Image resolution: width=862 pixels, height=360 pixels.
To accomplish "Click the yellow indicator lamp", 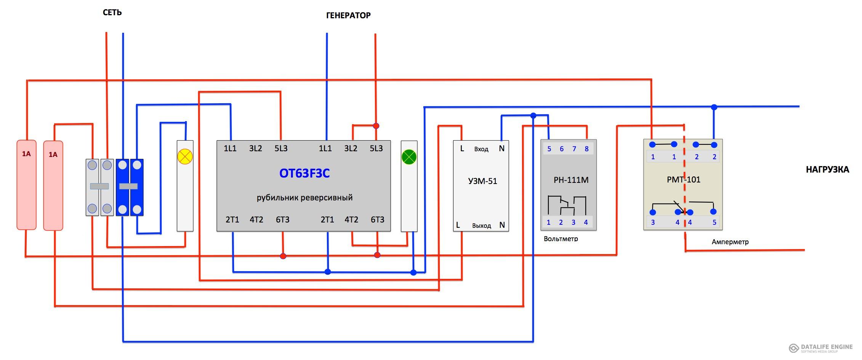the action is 185,157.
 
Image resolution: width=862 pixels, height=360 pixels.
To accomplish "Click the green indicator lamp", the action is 409,157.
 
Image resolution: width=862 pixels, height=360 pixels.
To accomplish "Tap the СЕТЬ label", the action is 112,13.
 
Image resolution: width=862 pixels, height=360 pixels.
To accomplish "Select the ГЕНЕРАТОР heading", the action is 348,15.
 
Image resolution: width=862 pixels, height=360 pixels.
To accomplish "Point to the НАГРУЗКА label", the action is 827,170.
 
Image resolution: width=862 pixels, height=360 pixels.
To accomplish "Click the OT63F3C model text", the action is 304,173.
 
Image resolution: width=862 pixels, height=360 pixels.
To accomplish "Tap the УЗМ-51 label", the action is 482,181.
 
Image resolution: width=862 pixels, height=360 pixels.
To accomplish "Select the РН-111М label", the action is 571,180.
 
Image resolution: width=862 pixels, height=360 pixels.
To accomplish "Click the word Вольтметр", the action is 561,239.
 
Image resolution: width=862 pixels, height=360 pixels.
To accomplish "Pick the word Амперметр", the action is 730,242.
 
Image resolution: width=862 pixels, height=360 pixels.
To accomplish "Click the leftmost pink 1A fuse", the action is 26,185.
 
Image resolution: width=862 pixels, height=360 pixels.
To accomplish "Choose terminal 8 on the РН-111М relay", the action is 586,149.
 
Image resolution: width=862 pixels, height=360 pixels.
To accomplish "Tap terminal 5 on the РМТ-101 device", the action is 714,222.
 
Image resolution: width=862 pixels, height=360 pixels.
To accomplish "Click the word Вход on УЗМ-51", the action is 481,149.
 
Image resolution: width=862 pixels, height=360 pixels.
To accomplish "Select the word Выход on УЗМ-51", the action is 481,226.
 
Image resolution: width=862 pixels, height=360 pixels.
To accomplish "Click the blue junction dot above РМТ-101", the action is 714,107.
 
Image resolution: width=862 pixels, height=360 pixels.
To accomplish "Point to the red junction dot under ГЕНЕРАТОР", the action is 376,126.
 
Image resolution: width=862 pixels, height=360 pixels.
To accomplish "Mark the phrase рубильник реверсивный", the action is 304,198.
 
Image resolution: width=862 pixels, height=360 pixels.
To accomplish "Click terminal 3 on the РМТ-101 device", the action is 653,222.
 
